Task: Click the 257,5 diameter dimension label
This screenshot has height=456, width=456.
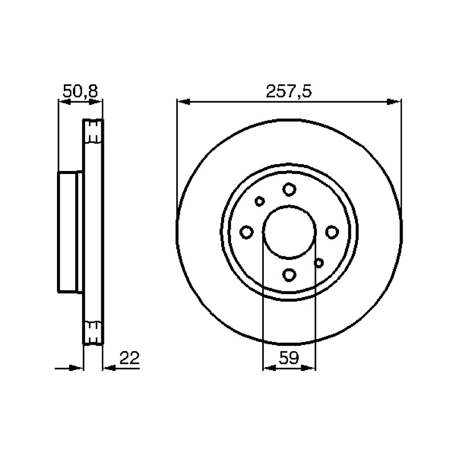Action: [288, 91]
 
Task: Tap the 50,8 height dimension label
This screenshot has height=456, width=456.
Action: [80, 91]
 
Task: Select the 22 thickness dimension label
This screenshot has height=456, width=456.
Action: [130, 358]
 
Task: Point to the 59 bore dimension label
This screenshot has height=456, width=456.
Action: [288, 358]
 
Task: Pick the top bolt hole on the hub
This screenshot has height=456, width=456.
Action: [289, 189]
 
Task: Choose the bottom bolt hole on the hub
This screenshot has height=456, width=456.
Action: [289, 275]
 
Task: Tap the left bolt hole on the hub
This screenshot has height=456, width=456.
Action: [246, 232]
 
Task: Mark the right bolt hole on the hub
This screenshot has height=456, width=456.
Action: [332, 232]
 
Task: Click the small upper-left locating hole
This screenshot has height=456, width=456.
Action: [259, 201]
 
